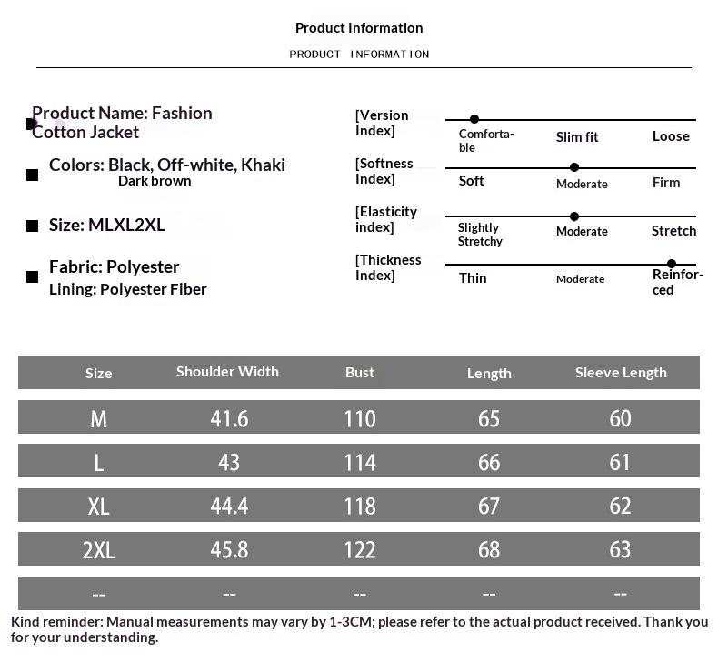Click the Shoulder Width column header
click(x=227, y=371)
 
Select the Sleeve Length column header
click(x=621, y=372)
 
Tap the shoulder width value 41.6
click(x=229, y=418)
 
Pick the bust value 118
click(x=360, y=506)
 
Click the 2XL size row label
click(x=98, y=550)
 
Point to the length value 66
click(x=489, y=462)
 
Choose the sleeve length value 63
click(x=620, y=549)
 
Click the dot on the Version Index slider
click(x=474, y=119)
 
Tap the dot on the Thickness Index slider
click(x=672, y=264)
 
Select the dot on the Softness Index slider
click(x=574, y=167)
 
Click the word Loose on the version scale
click(x=671, y=136)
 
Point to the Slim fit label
click(x=577, y=137)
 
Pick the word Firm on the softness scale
click(x=666, y=183)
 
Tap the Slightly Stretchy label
click(x=480, y=235)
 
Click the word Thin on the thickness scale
click(x=473, y=278)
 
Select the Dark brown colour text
click(x=155, y=181)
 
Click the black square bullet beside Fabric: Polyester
click(x=33, y=276)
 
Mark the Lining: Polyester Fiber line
click(x=128, y=289)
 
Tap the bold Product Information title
click(x=359, y=28)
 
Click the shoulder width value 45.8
click(x=229, y=549)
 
